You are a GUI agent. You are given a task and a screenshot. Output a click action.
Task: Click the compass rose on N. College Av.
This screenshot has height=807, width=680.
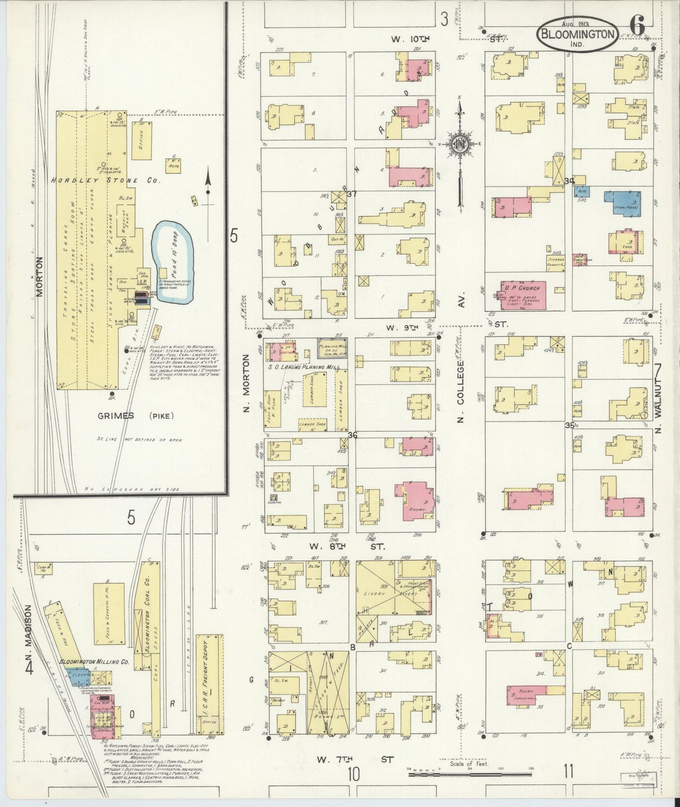click(459, 146)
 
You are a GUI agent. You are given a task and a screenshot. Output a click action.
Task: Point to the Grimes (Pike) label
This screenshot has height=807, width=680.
click(136, 415)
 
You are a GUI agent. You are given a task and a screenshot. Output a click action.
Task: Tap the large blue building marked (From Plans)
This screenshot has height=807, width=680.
click(622, 203)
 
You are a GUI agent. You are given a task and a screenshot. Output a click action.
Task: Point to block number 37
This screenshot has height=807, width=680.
click(352, 194)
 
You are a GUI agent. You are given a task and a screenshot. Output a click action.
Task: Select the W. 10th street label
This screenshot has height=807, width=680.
click(404, 39)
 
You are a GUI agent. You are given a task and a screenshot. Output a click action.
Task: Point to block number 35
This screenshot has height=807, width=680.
click(570, 425)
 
